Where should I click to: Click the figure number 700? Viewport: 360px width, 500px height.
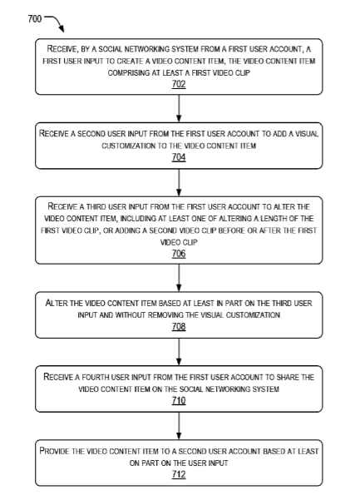click(x=35, y=19)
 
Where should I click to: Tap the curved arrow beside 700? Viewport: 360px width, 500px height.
click(x=56, y=21)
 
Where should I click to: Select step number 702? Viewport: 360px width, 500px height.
click(x=179, y=84)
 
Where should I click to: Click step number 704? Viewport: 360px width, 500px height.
click(x=179, y=157)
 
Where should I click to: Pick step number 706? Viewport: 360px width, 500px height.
click(x=179, y=254)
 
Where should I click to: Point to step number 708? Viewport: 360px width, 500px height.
click(x=179, y=327)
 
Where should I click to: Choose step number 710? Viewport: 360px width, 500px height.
click(x=179, y=401)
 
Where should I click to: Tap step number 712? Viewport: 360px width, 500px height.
click(x=179, y=475)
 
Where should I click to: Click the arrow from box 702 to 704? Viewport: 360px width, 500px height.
click(x=179, y=108)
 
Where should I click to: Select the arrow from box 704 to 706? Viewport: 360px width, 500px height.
click(x=179, y=182)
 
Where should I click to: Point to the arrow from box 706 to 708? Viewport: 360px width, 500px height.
click(x=179, y=278)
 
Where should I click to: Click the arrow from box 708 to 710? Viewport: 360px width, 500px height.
click(x=179, y=352)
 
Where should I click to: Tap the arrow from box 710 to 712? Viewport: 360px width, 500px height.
click(x=179, y=426)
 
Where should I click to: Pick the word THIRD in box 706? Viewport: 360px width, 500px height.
click(x=96, y=206)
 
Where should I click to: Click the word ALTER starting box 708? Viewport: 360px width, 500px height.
click(x=57, y=303)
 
